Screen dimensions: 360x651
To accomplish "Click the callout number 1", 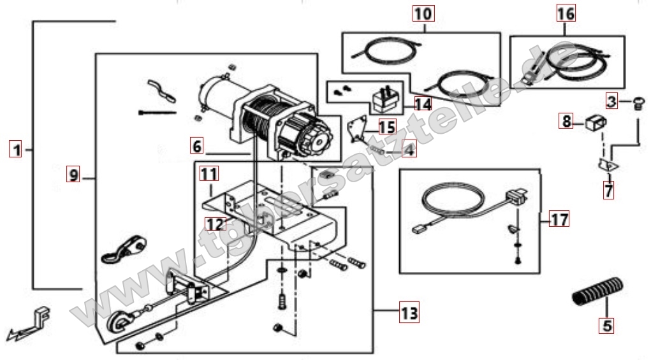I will [x=16, y=150].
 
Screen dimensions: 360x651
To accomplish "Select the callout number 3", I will [x=611, y=101].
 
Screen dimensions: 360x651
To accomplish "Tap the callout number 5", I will [x=606, y=326].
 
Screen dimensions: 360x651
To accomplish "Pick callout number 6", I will [x=197, y=146].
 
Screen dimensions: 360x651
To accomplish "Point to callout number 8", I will [x=567, y=121].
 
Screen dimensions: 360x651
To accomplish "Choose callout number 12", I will [x=215, y=224].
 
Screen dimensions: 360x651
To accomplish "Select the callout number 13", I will [x=409, y=313].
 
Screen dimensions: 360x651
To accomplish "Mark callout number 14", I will [x=422, y=103].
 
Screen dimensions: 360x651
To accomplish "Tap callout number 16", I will [x=565, y=13].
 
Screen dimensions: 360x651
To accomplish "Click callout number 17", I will [x=559, y=220].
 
